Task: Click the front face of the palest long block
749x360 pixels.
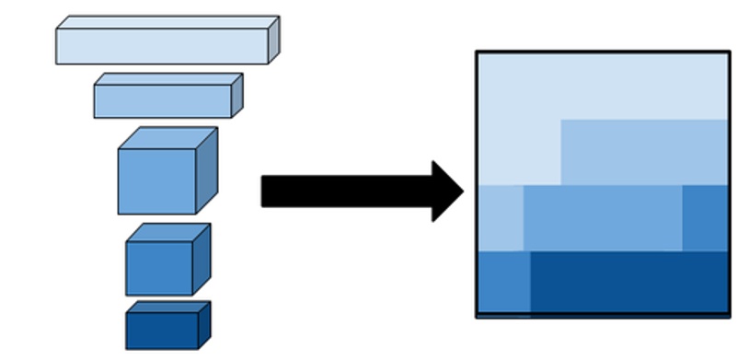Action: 162,46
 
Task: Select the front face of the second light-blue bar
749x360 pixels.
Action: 162,101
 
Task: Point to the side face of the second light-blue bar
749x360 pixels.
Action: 236,95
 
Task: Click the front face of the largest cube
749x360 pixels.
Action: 156,181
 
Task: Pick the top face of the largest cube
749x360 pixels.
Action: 168,138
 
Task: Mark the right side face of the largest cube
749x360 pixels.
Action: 207,170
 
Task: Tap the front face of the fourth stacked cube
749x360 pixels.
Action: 159,269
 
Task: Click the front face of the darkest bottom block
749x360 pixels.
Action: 162,331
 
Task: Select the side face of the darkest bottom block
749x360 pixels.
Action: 204,323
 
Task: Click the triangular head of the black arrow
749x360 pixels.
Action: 447,192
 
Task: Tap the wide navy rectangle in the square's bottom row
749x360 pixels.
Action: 629,283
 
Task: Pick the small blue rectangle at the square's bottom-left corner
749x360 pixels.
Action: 503,283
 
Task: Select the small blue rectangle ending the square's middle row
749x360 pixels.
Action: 705,217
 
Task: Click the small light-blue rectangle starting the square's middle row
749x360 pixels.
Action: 501,217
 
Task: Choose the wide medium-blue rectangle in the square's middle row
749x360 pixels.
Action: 603,217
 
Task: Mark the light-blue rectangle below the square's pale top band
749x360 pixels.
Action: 644,152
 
